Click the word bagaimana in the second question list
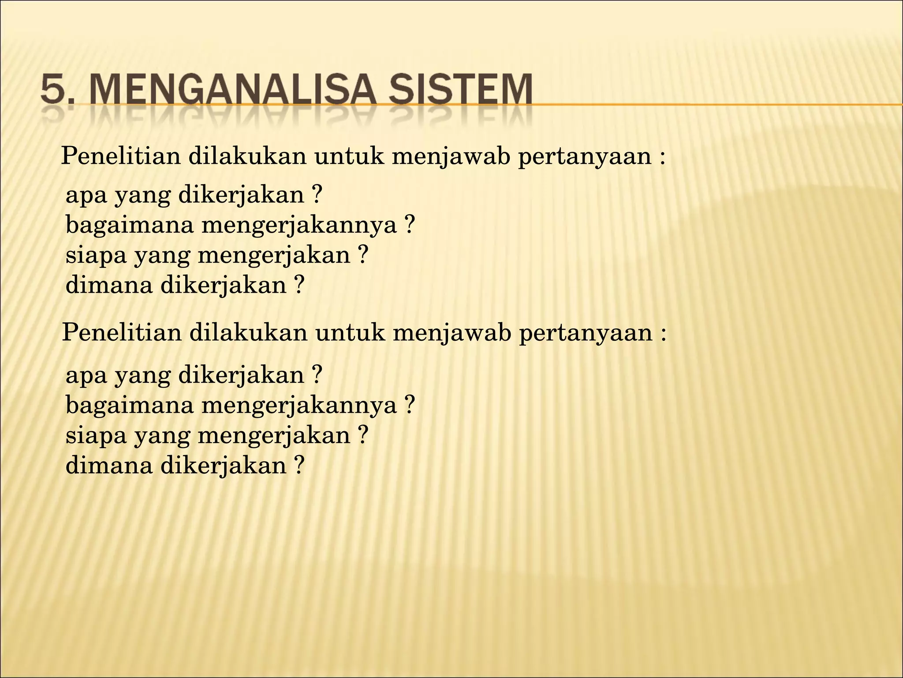coord(130,405)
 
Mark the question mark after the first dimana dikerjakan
coord(299,285)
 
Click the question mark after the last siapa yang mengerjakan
coord(362,435)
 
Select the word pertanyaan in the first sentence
coord(584,157)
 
